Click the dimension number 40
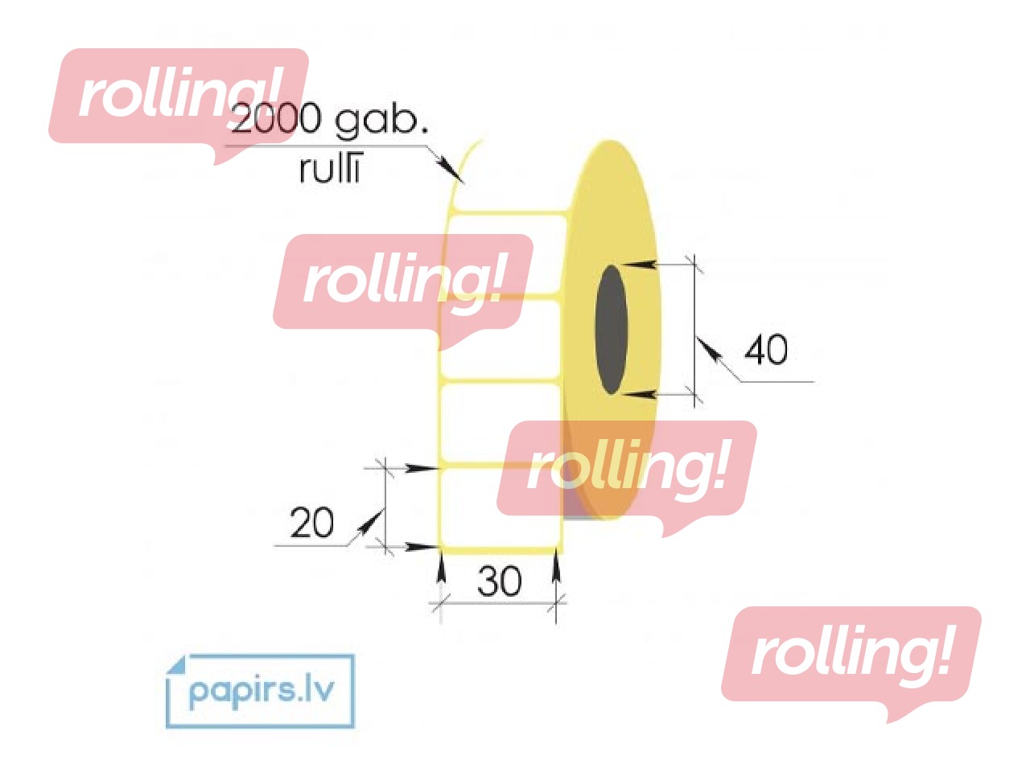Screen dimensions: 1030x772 coord(766,349)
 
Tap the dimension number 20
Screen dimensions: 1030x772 coord(311,522)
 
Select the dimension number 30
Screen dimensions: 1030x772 coord(499,581)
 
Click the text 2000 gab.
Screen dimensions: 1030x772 coord(330,120)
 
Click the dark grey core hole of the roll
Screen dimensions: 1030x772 coord(611,330)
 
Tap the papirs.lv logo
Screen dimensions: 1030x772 coord(261,692)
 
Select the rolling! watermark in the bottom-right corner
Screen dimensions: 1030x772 coord(851,664)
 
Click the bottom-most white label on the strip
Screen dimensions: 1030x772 coord(501,508)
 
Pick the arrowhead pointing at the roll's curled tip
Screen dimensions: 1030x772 coord(450,169)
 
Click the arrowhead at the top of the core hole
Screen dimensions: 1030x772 coord(637,265)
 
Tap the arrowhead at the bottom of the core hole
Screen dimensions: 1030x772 coord(637,394)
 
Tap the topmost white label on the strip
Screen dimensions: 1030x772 coord(506,254)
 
